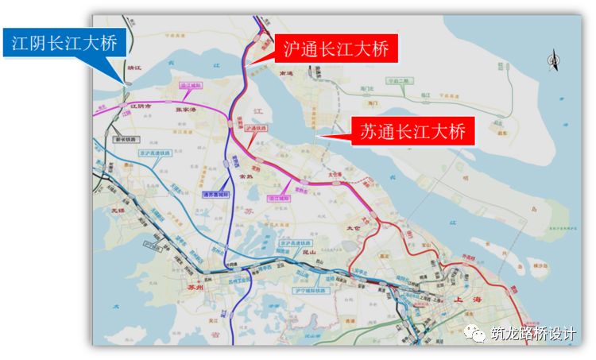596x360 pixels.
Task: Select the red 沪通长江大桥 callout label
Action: click(336, 49)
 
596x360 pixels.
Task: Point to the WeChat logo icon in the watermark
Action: click(478, 334)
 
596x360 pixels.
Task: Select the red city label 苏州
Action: click(192, 288)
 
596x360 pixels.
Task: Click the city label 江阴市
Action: click(142, 105)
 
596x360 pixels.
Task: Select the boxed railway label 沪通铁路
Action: click(256, 127)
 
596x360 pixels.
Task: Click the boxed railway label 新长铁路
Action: click(126, 138)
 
